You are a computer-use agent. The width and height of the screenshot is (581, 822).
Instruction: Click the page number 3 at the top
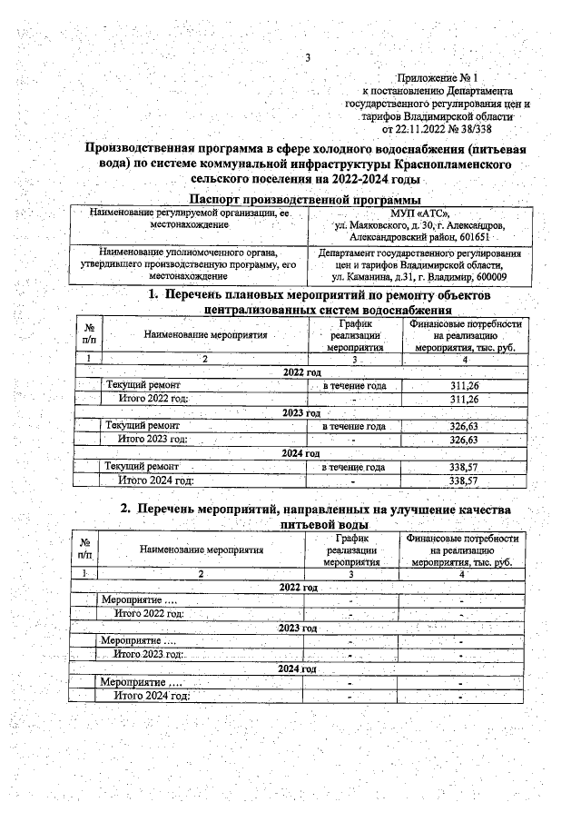[308, 59]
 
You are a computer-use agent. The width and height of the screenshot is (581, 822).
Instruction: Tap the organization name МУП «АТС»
[420, 213]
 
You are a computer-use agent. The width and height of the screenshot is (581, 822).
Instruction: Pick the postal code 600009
[488, 277]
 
